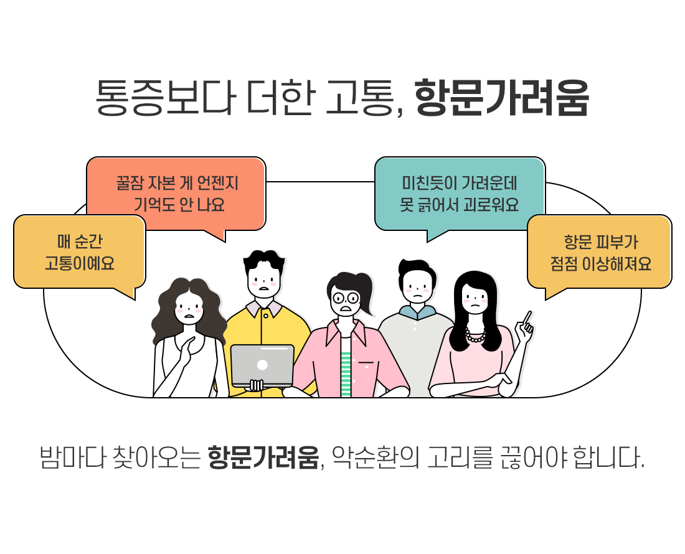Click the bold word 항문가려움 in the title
click(x=501, y=98)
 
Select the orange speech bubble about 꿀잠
click(x=176, y=194)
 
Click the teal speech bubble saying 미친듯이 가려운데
click(x=460, y=194)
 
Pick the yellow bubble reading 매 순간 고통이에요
click(x=79, y=251)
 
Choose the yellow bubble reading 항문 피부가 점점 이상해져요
click(x=600, y=251)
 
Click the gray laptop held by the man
click(x=262, y=365)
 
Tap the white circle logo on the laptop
click(x=262, y=365)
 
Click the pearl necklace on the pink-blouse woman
click(x=476, y=337)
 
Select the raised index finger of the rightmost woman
click(x=527, y=317)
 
